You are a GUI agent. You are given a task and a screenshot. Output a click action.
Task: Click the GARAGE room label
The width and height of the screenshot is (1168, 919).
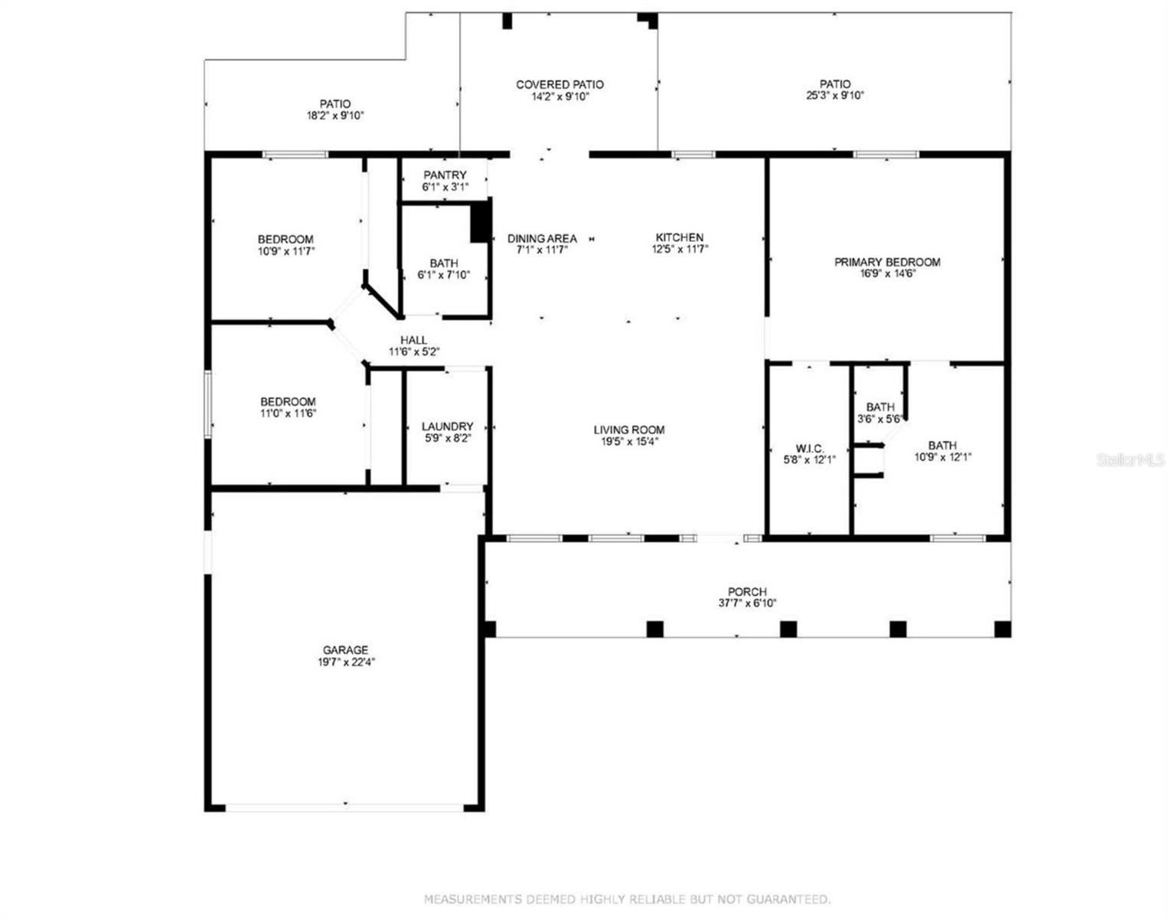(x=345, y=649)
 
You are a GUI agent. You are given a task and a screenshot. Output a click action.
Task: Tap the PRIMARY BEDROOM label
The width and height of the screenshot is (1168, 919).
(x=887, y=262)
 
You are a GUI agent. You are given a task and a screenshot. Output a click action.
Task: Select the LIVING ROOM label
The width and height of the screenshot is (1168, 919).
(x=629, y=430)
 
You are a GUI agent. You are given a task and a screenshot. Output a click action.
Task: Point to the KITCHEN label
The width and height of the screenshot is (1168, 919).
(x=680, y=237)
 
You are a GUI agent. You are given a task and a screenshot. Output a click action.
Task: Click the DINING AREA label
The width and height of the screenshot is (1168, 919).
(x=542, y=238)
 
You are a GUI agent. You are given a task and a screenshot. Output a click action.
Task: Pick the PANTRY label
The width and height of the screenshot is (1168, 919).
(x=445, y=175)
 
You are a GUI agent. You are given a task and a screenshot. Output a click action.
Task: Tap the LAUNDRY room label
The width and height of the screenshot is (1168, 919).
(x=447, y=427)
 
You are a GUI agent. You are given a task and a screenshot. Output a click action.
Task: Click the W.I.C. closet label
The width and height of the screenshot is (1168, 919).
(x=810, y=449)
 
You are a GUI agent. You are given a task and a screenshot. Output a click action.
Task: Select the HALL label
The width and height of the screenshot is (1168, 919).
(x=413, y=340)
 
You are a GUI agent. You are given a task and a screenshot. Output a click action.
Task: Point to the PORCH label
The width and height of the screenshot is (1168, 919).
(x=747, y=591)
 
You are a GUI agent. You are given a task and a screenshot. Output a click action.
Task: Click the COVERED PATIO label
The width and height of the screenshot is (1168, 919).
(x=560, y=85)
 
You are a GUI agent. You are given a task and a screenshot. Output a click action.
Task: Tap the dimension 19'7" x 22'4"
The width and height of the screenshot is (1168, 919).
(x=346, y=662)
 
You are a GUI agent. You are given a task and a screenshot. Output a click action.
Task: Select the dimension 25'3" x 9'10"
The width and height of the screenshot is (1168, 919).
(x=835, y=96)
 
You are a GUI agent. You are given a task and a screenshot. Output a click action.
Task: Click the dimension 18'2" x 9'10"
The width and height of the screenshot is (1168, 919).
(x=335, y=115)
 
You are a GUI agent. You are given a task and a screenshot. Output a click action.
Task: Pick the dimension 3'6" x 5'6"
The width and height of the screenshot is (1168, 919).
(x=879, y=419)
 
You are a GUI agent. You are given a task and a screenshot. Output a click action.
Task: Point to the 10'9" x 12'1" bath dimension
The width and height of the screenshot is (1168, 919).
(x=943, y=457)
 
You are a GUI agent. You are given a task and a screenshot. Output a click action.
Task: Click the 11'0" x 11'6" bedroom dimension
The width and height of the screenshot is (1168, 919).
(x=289, y=414)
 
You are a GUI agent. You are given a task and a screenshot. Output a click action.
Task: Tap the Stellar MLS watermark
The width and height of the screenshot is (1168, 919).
(x=1131, y=460)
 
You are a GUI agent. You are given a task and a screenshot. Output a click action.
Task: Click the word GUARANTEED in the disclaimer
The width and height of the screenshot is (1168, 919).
(x=788, y=899)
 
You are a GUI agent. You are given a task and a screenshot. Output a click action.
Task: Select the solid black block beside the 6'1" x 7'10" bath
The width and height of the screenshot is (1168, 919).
(x=481, y=221)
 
